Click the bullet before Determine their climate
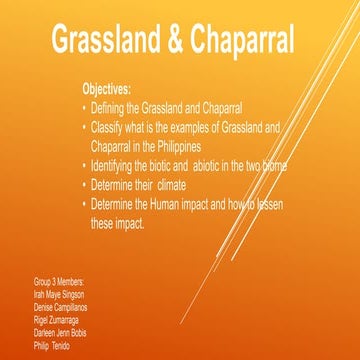pos(84,185)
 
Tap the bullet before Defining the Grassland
pos(84,107)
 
